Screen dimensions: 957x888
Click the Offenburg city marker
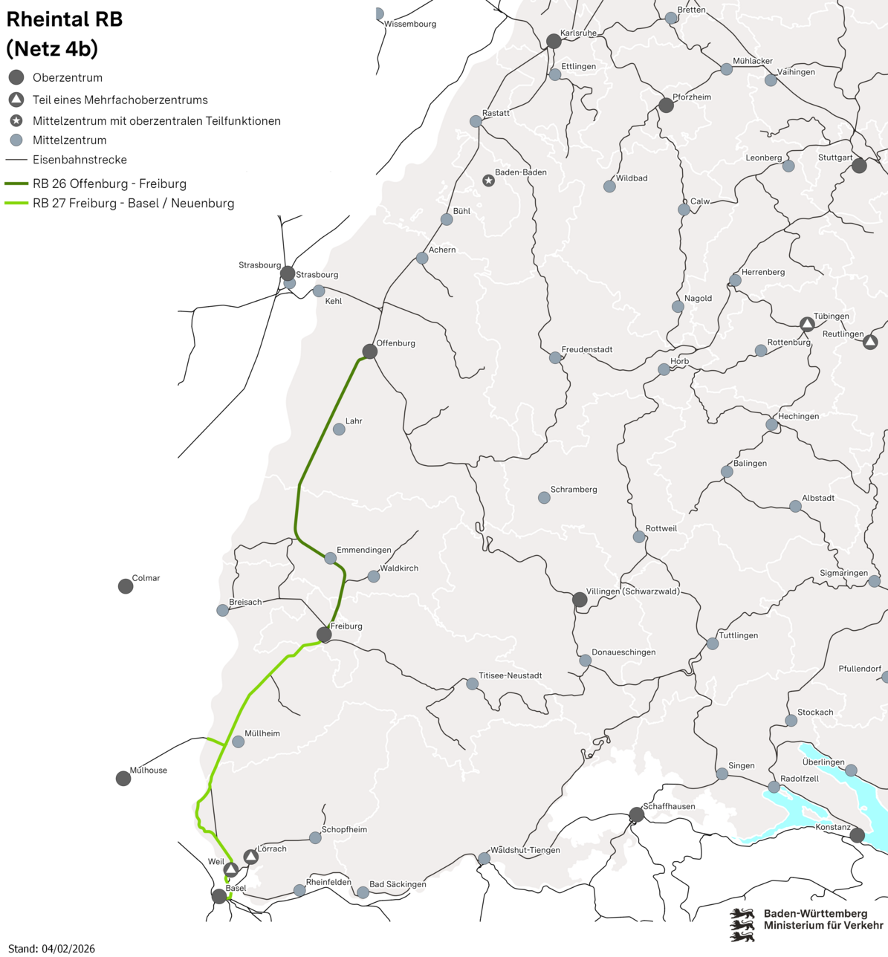[369, 351]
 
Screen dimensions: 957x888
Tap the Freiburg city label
[346, 626]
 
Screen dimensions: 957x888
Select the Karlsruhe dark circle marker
[554, 41]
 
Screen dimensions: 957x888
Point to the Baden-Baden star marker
[488, 181]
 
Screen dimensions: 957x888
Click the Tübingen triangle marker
[807, 324]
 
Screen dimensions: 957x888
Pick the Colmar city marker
[126, 586]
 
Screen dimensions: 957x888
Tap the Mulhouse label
[149, 771]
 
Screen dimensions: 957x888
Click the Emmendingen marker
[331, 558]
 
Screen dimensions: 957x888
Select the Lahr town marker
[339, 429]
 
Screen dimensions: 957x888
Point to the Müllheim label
[262, 733]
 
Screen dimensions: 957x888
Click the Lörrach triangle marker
[251, 857]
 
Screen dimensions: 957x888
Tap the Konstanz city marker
[858, 836]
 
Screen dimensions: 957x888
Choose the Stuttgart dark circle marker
[859, 166]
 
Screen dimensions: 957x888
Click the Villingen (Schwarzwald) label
[632, 591]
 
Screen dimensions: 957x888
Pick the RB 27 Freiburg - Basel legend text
[134, 204]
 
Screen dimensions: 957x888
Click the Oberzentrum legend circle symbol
[16, 77]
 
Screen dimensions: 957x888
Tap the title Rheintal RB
[65, 20]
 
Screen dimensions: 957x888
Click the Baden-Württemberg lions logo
[742, 924]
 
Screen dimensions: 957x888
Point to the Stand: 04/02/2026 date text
[52, 949]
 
